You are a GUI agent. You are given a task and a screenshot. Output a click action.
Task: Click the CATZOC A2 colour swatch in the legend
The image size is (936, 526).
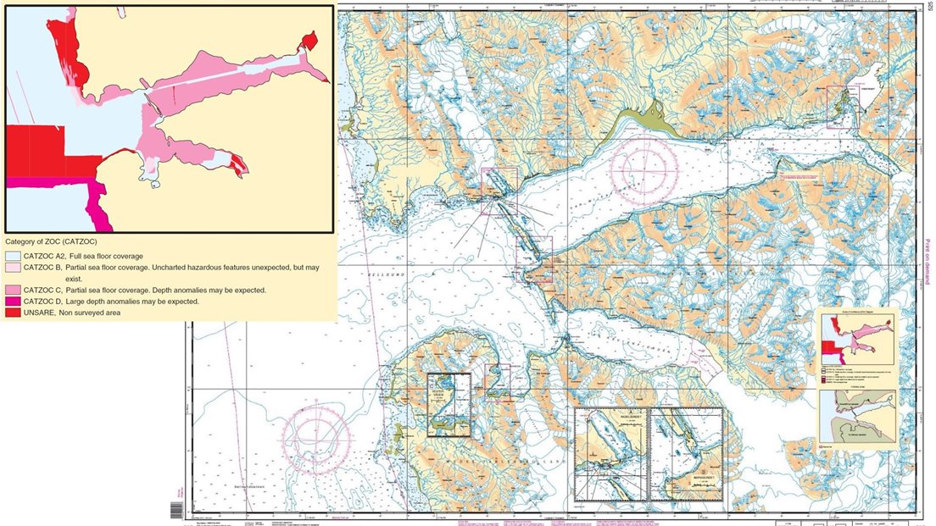click(x=12, y=255)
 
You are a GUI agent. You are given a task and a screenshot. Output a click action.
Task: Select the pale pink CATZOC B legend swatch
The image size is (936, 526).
click(x=12, y=267)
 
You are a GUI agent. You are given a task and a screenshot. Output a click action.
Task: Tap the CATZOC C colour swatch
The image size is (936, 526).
click(x=12, y=290)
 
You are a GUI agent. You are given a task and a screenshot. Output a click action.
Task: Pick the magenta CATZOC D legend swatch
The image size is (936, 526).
click(x=12, y=302)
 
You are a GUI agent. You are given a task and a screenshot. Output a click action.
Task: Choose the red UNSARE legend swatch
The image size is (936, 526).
click(x=12, y=313)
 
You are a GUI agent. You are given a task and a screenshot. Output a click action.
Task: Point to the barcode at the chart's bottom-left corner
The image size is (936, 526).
click(x=176, y=510)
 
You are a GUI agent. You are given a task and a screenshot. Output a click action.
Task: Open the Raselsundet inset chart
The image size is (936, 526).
click(x=610, y=455)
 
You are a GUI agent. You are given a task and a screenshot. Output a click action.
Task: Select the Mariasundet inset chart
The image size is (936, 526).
click(x=685, y=455)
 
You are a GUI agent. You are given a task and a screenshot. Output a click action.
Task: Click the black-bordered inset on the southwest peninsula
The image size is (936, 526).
click(x=448, y=404)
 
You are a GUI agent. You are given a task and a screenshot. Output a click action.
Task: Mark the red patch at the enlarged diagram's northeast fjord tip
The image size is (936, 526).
click(x=309, y=41)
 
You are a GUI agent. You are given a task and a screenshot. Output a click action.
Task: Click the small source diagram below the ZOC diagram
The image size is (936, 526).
click(x=857, y=415)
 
